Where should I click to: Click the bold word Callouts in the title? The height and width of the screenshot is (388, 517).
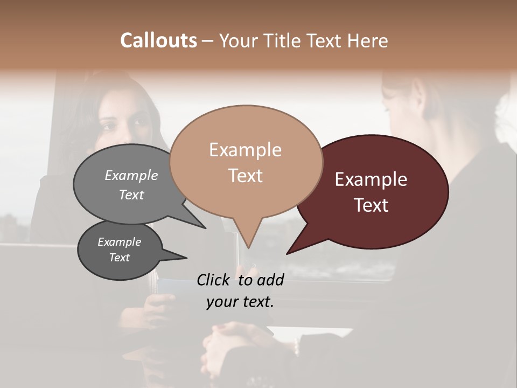pyautogui.click(x=158, y=40)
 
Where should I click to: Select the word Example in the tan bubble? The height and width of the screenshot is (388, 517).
pyautogui.click(x=245, y=150)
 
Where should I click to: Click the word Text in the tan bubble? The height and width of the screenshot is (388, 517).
pyautogui.click(x=245, y=176)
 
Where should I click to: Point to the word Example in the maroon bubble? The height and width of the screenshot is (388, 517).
pyautogui.click(x=371, y=179)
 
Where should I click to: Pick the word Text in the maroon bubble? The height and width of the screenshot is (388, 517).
pyautogui.click(x=371, y=205)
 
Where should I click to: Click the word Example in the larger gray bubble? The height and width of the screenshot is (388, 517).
pyautogui.click(x=131, y=175)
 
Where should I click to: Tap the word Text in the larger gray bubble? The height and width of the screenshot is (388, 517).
pyautogui.click(x=131, y=195)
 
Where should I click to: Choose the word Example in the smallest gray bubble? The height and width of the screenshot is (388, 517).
pyautogui.click(x=119, y=242)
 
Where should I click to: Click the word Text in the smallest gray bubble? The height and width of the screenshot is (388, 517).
pyautogui.click(x=119, y=258)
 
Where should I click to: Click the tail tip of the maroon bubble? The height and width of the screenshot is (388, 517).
pyautogui.click(x=288, y=253)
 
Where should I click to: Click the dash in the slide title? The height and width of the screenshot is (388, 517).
pyautogui.click(x=208, y=41)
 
